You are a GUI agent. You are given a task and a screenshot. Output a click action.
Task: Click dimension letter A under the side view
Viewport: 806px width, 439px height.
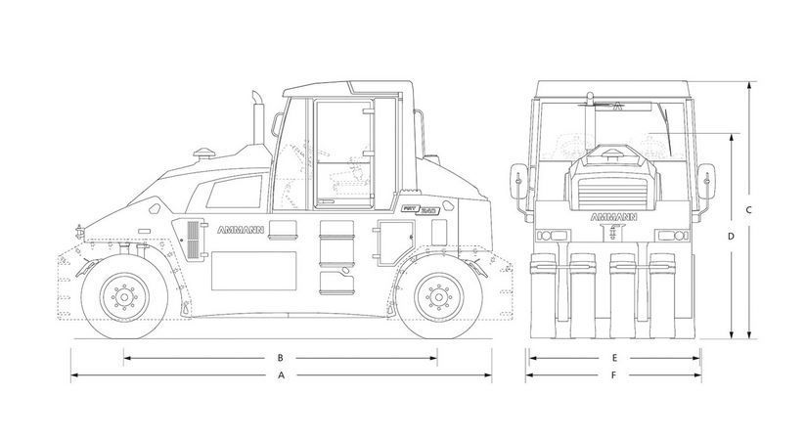[x=281, y=375]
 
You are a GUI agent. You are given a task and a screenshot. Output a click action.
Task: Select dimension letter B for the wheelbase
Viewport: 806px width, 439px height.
[x=281, y=358]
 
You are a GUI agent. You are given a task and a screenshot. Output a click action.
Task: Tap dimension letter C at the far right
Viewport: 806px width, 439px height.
[x=747, y=210]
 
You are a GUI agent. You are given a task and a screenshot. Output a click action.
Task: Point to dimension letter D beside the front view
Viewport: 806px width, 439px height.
[x=731, y=237]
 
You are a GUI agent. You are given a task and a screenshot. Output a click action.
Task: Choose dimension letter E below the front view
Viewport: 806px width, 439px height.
[x=613, y=358]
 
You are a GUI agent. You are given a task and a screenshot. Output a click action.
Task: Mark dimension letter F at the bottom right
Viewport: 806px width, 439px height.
[x=613, y=375]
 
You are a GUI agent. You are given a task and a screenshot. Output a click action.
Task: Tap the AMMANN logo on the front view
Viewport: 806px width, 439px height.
[x=613, y=216]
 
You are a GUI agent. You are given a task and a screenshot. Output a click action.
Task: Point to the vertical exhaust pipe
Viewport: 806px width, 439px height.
[x=260, y=122]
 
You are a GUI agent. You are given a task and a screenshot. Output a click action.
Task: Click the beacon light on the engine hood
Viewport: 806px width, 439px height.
[x=205, y=152]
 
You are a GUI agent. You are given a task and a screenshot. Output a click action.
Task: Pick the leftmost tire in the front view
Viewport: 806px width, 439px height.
[x=542, y=293]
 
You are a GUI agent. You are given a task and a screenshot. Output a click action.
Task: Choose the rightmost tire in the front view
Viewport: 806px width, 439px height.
[x=684, y=293]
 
